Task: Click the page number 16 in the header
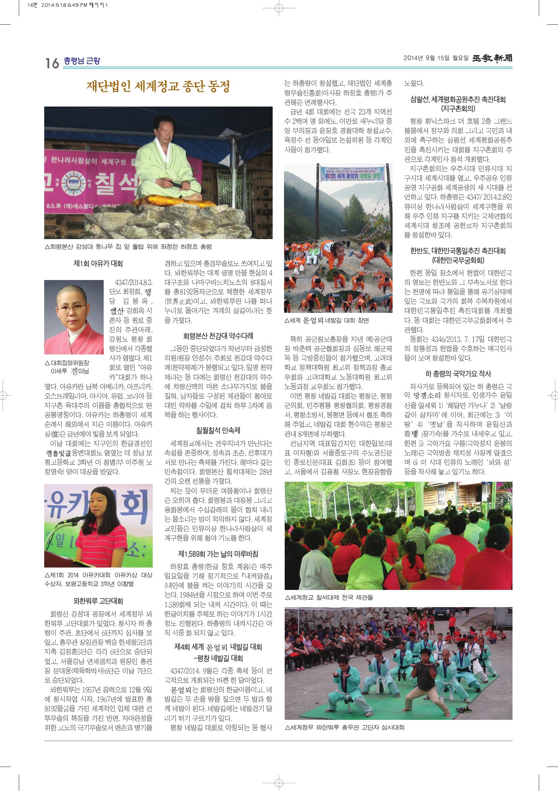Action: click(x=52, y=63)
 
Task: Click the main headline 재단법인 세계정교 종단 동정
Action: click(x=158, y=86)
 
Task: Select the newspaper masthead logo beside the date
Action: click(x=492, y=58)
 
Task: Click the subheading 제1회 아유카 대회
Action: click(x=98, y=263)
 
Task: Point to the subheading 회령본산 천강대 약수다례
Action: click(x=218, y=336)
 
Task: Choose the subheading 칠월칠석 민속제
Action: click(x=218, y=430)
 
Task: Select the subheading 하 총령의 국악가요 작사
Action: click(x=458, y=374)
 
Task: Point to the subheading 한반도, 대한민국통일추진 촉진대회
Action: click(x=458, y=251)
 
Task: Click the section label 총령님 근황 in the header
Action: click(x=82, y=61)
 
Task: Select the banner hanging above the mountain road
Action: click(x=353, y=174)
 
